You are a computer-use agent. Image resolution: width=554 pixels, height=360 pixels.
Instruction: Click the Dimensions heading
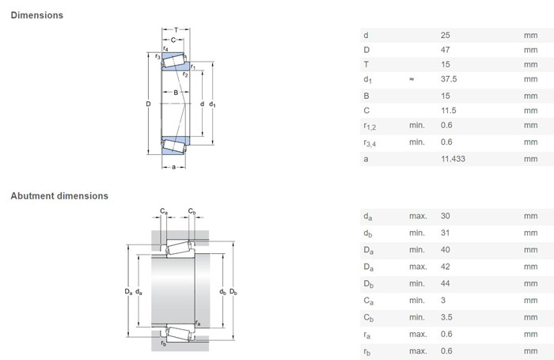[36, 15]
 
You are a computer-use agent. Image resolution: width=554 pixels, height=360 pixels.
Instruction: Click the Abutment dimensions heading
[59, 196]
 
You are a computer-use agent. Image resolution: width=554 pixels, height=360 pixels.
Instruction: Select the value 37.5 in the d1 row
[449, 79]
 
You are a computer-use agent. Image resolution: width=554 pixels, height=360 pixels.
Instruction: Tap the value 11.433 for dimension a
[453, 159]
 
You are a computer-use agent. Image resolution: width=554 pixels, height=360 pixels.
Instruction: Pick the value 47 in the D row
[445, 50]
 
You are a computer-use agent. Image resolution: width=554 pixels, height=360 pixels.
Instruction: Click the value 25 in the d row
[445, 36]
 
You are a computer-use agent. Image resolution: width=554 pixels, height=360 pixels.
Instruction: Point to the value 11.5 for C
[449, 111]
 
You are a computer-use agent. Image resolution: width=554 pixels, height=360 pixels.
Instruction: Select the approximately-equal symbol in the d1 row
[412, 79]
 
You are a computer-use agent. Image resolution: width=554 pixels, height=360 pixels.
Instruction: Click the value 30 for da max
[445, 216]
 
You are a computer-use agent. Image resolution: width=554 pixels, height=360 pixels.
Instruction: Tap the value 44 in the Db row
[445, 283]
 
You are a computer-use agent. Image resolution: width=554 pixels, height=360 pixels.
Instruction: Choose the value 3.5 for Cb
[446, 317]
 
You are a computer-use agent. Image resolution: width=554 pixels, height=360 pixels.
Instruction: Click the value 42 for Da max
[445, 267]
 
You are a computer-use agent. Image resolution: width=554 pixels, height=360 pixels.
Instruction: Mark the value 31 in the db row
[445, 233]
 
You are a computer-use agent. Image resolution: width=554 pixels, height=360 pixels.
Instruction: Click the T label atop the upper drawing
[176, 30]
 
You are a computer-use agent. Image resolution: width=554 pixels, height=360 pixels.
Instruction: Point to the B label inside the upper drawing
[176, 93]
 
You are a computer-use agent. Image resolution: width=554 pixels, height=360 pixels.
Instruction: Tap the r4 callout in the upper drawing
[165, 48]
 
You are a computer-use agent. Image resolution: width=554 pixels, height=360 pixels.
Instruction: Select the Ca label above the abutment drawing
[164, 211]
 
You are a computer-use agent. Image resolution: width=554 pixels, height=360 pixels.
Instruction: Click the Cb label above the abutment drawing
[192, 211]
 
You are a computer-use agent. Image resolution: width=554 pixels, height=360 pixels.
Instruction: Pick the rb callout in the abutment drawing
[163, 343]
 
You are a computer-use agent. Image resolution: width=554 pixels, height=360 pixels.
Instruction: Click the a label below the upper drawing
[173, 167]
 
